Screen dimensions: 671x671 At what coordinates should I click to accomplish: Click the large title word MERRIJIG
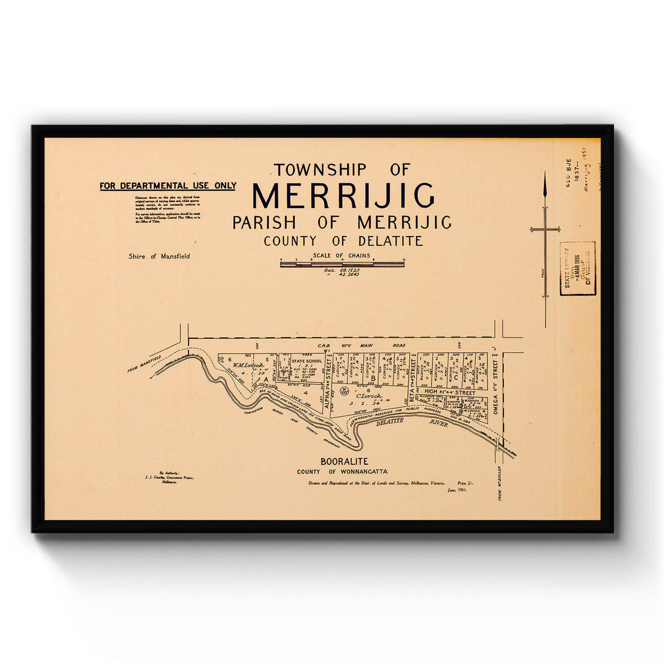coord(343,196)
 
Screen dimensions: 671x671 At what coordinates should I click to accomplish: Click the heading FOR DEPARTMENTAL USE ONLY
coord(168,186)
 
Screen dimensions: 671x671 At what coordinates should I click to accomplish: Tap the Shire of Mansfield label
coord(159,256)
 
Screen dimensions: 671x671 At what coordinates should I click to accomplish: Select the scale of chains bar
coord(342,263)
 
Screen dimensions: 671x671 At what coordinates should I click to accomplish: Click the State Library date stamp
coord(577,268)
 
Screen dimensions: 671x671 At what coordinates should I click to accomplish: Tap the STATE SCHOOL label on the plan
coord(307,361)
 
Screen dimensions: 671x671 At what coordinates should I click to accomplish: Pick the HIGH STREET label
coord(450,393)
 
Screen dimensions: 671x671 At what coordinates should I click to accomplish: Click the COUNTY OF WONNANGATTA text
coord(342,472)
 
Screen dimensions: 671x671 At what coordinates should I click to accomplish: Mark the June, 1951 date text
coord(457,489)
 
